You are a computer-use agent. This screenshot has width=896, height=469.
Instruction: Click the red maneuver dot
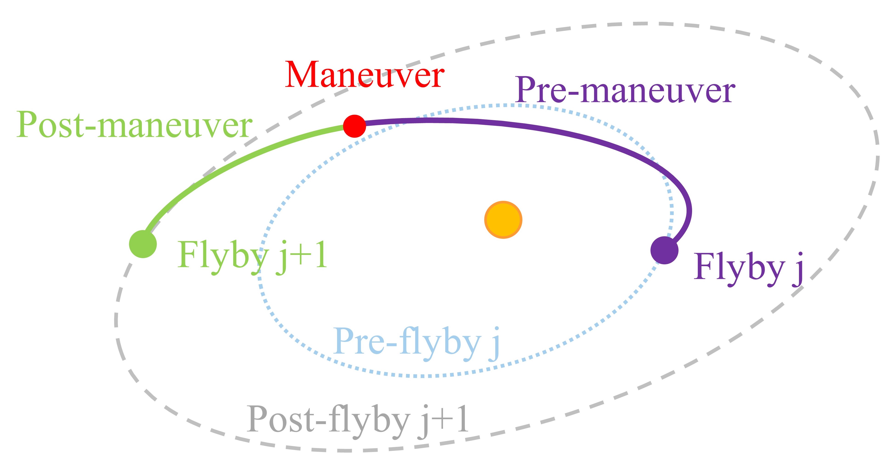[x=355, y=126]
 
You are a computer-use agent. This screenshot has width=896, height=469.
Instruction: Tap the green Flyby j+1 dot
[x=143, y=244]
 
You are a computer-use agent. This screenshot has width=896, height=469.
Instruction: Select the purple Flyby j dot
[x=664, y=250]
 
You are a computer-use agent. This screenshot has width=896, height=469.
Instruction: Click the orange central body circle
[x=503, y=220]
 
